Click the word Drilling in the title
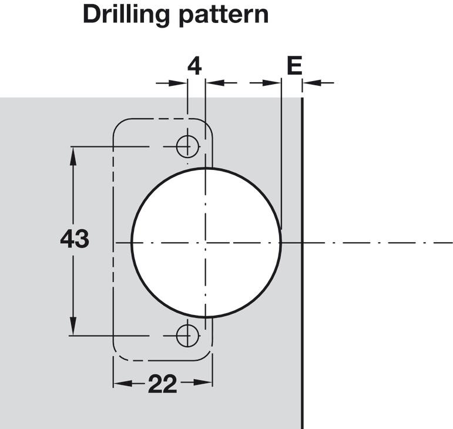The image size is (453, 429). tap(126, 15)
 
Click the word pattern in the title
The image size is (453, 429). tap(224, 16)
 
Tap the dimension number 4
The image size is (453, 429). tap(194, 66)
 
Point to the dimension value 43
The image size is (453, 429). tap(74, 239)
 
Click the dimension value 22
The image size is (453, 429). tap(162, 384)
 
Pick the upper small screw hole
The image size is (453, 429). tap(188, 147)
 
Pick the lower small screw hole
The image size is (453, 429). tap(188, 336)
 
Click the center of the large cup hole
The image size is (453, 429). tap(206, 242)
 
